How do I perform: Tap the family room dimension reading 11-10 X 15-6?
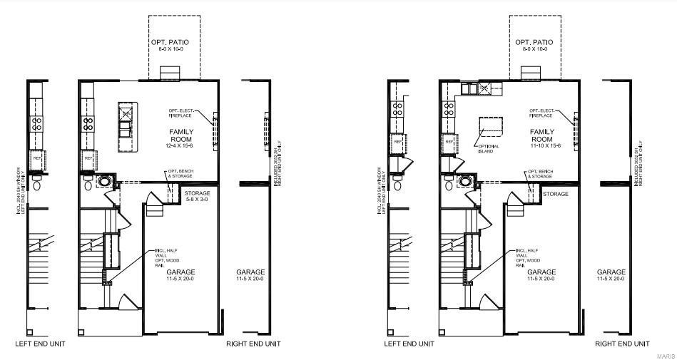(541, 145)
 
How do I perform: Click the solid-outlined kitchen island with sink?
(126, 127)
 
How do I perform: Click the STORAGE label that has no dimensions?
(556, 194)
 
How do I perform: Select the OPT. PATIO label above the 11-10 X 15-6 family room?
(534, 43)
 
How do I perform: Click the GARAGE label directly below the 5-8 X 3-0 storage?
(180, 272)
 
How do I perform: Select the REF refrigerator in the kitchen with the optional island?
(449, 142)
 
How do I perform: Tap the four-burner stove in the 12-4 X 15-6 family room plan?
(88, 121)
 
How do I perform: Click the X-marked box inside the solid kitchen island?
(126, 112)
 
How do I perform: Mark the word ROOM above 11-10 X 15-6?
(541, 139)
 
